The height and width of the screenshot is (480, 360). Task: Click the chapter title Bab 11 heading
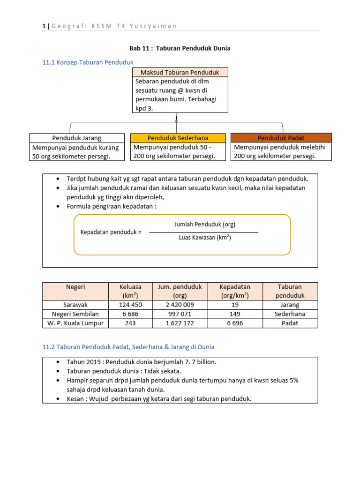[x=180, y=48]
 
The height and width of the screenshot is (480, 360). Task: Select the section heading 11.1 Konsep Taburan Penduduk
[x=88, y=62]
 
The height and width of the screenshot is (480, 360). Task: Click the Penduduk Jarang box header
[x=76, y=138]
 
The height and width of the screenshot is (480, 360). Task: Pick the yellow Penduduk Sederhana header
[x=177, y=138]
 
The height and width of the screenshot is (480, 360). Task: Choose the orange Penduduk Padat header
[x=281, y=138]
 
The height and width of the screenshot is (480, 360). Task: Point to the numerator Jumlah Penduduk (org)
[x=205, y=225]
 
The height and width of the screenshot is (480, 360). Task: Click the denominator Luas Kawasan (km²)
[x=205, y=238]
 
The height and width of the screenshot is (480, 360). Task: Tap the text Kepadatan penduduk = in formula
[x=111, y=232]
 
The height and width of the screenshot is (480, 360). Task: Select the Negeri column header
[x=75, y=287]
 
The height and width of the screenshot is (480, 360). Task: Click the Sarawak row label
[x=75, y=305]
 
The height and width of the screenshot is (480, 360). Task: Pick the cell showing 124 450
[x=130, y=305]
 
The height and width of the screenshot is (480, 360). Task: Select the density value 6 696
[x=235, y=323]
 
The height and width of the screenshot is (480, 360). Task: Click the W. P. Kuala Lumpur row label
[x=75, y=323]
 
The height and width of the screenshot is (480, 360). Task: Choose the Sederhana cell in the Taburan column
[x=290, y=314]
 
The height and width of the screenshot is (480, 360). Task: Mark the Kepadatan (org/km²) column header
[x=235, y=291]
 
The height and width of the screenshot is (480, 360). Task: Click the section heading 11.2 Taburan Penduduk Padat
[x=128, y=347]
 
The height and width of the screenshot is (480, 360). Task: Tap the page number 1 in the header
[x=44, y=26]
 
